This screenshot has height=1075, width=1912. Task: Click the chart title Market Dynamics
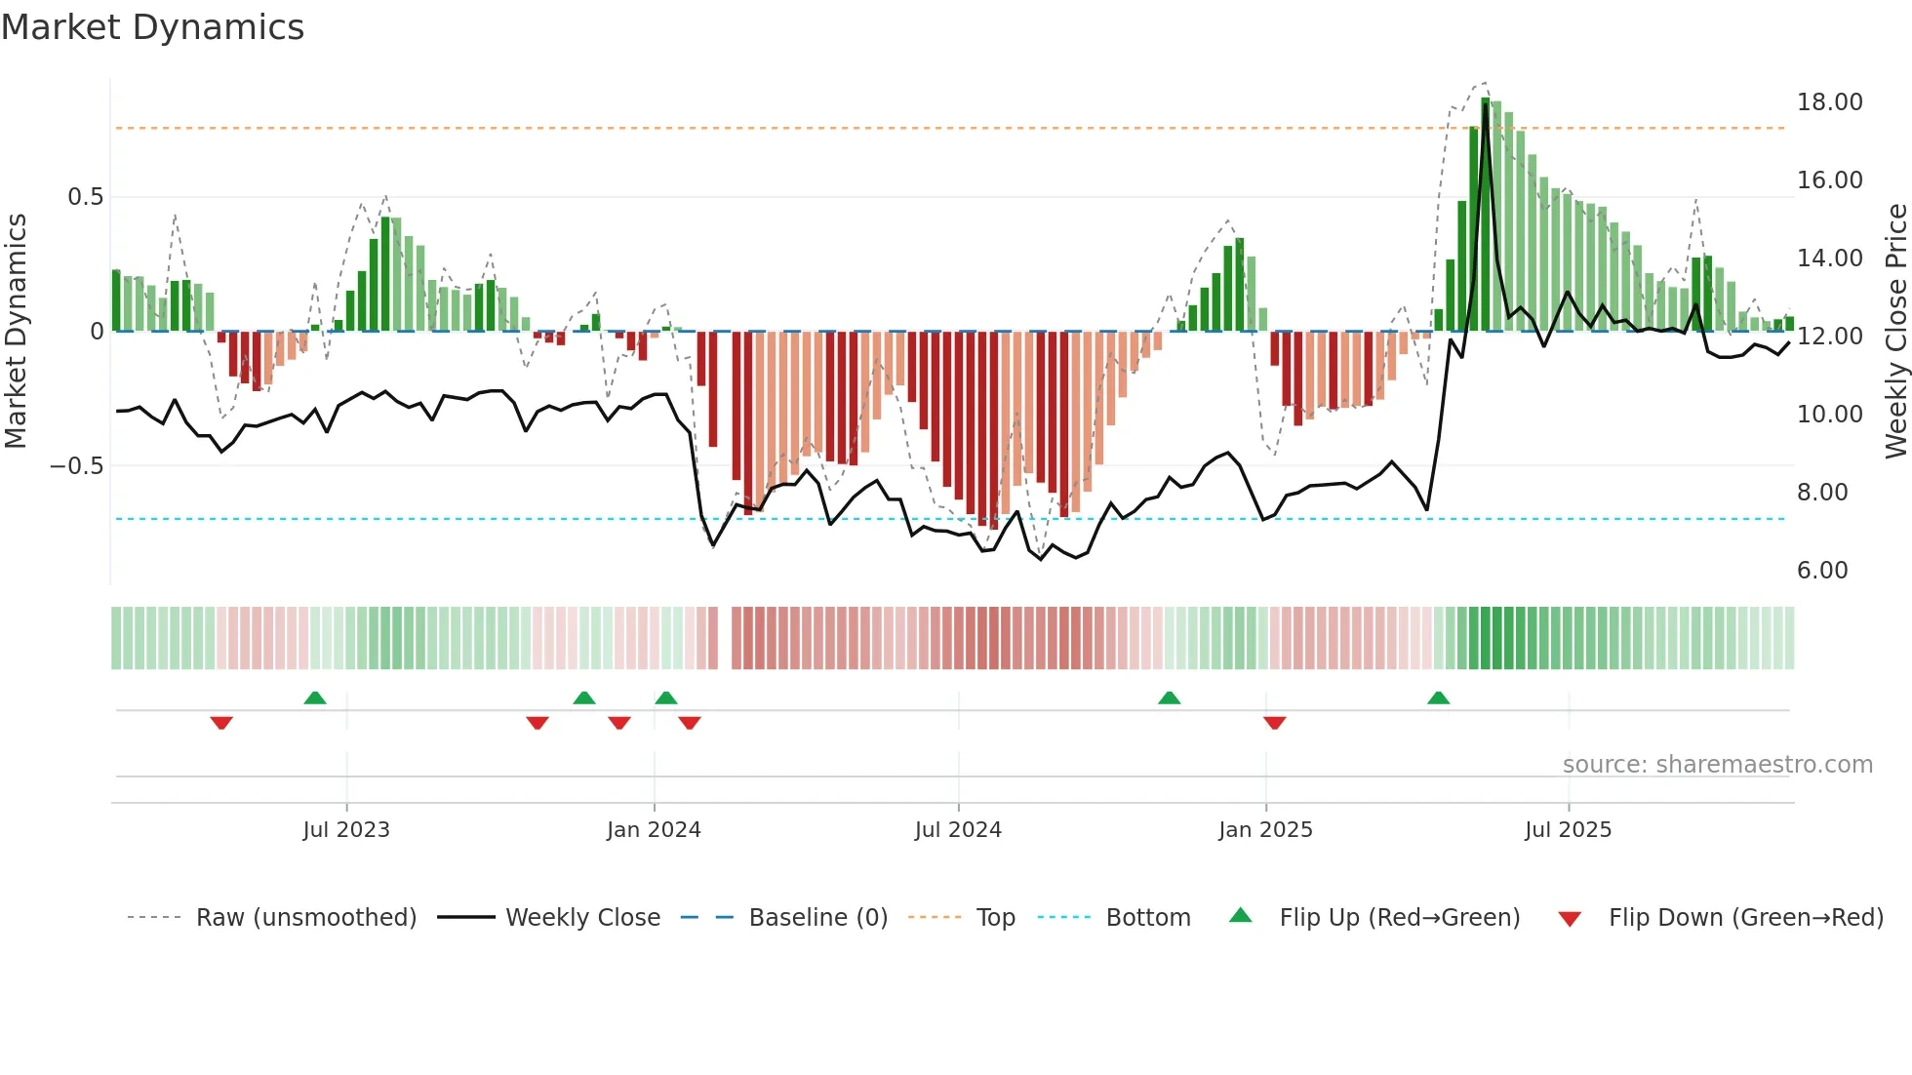coord(152,27)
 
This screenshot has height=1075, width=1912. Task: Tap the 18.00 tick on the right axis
coord(1829,102)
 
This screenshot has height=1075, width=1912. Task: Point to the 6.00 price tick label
coord(1821,571)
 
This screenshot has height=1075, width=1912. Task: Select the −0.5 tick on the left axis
coord(76,466)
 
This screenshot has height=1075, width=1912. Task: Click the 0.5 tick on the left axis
coord(85,197)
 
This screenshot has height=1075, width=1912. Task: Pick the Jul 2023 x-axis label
coord(345,830)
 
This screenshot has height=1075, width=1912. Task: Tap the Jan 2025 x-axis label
coord(1265,830)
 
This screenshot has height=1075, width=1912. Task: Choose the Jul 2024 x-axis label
coord(958,830)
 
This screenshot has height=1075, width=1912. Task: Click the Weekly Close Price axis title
coord(1895,331)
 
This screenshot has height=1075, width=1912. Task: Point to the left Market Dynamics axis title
coord(16,331)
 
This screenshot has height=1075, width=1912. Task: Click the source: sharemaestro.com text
coord(1717,765)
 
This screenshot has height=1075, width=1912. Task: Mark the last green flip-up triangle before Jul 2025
coord(1438,698)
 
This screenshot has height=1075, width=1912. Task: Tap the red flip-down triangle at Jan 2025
coord(1274,723)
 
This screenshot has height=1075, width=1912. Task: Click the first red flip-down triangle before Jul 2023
coord(221,723)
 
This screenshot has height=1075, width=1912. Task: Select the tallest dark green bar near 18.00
coord(1485,215)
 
